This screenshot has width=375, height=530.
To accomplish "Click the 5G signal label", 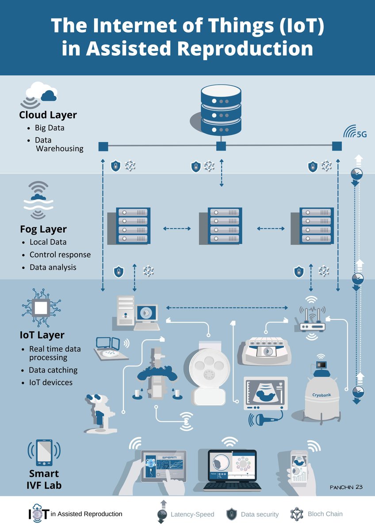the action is click(362, 134).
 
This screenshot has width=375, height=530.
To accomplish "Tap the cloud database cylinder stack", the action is click(221, 110).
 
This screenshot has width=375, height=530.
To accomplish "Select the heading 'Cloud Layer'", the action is click(48, 115).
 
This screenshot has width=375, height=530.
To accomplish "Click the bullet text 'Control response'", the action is click(60, 254).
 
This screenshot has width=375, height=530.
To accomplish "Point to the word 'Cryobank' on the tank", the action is click(321, 395).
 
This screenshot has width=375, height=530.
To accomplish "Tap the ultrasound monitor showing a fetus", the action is click(266, 394).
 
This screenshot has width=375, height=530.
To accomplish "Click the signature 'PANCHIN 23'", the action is click(346, 487).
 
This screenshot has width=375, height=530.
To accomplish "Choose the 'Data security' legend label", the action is click(260, 515).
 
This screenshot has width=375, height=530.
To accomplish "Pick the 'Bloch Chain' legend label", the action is click(325, 514).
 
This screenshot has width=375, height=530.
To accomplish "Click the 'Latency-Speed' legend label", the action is click(192, 515).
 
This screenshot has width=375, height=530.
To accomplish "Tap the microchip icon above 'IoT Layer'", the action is click(41, 307).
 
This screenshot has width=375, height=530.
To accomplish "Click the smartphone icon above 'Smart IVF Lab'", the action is click(44, 452).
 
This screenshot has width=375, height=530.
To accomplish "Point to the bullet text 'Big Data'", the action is click(50, 128).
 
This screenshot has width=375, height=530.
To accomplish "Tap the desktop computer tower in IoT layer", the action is click(126, 310).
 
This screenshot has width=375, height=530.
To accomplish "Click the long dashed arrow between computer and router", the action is click(227, 308).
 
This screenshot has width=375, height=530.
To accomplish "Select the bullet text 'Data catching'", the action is click(53, 370).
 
